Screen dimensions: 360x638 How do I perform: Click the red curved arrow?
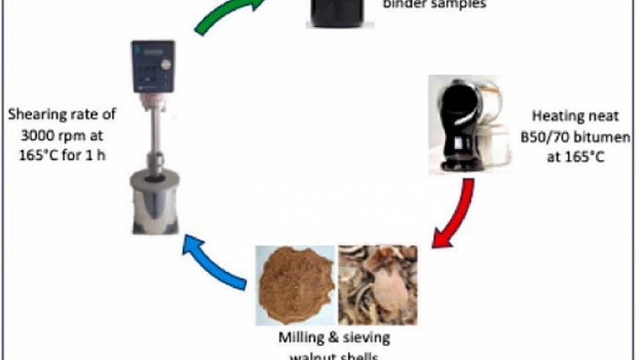456,216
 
